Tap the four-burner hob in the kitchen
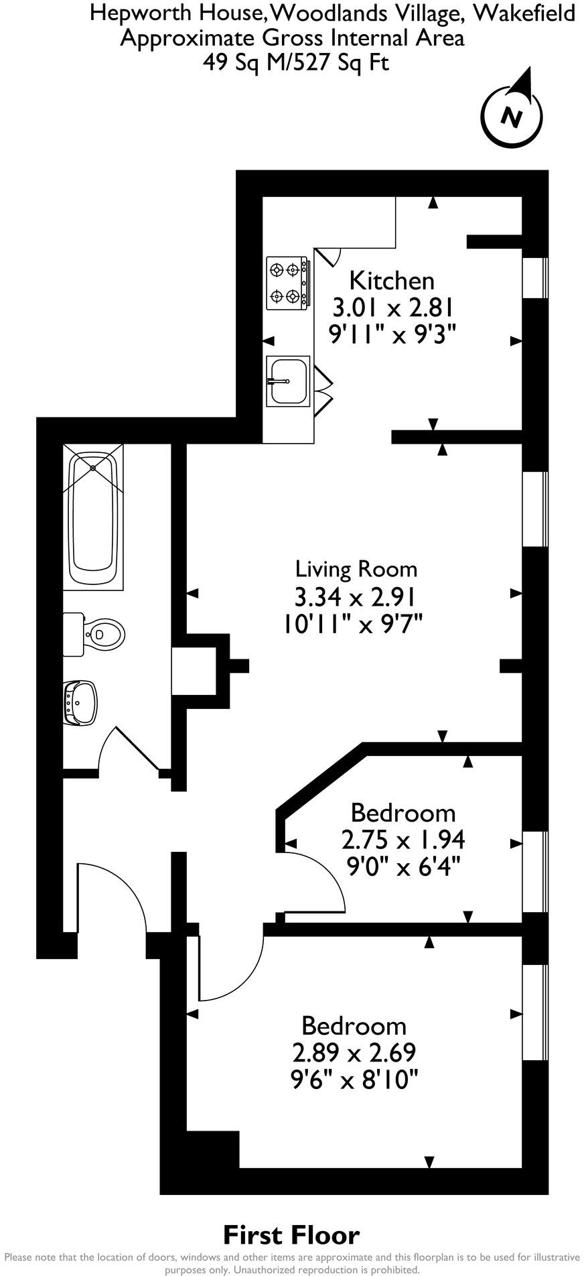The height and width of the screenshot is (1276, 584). point(288,283)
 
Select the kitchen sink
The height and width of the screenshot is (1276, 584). point(288,381)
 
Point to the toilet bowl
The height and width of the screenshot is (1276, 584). point(104,633)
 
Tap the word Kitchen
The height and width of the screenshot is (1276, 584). point(392,280)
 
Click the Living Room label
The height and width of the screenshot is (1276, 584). point(356,569)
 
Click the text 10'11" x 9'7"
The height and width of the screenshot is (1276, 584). point(352,624)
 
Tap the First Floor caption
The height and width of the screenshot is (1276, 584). point(291,1234)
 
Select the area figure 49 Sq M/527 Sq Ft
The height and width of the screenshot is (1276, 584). point(295,62)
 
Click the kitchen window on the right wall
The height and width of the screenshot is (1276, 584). point(535,277)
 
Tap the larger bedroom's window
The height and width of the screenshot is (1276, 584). point(535,1012)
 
